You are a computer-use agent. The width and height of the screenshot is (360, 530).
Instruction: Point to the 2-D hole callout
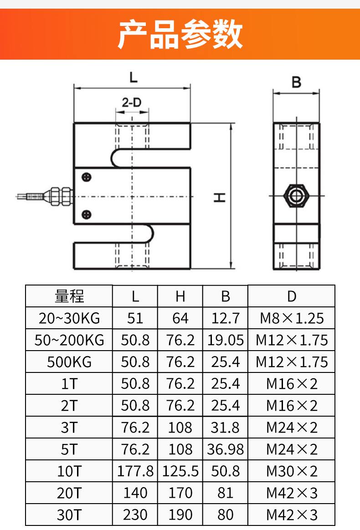132,102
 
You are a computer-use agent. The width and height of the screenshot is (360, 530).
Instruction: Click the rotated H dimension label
220,197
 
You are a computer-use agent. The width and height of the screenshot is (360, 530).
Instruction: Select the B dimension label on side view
296,82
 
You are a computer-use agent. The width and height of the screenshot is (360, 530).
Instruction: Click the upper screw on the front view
86,177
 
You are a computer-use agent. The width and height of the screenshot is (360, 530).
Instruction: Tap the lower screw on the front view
86,214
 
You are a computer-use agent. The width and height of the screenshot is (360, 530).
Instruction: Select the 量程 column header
69,296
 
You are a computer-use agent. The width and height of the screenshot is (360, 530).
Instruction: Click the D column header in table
292,296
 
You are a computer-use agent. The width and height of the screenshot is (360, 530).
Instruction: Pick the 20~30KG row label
69,318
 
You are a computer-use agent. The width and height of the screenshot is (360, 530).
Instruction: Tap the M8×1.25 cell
292,318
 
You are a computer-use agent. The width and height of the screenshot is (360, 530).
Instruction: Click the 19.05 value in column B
225,340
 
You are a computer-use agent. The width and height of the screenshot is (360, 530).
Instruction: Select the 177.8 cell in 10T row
135,471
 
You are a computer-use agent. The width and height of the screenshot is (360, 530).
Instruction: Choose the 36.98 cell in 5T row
225,449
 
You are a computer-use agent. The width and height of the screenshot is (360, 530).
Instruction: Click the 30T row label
69,515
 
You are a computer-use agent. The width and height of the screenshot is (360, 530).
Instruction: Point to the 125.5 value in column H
180,471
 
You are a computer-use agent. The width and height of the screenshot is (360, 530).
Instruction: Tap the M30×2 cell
292,471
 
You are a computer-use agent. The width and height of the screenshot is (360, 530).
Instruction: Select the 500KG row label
69,362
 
